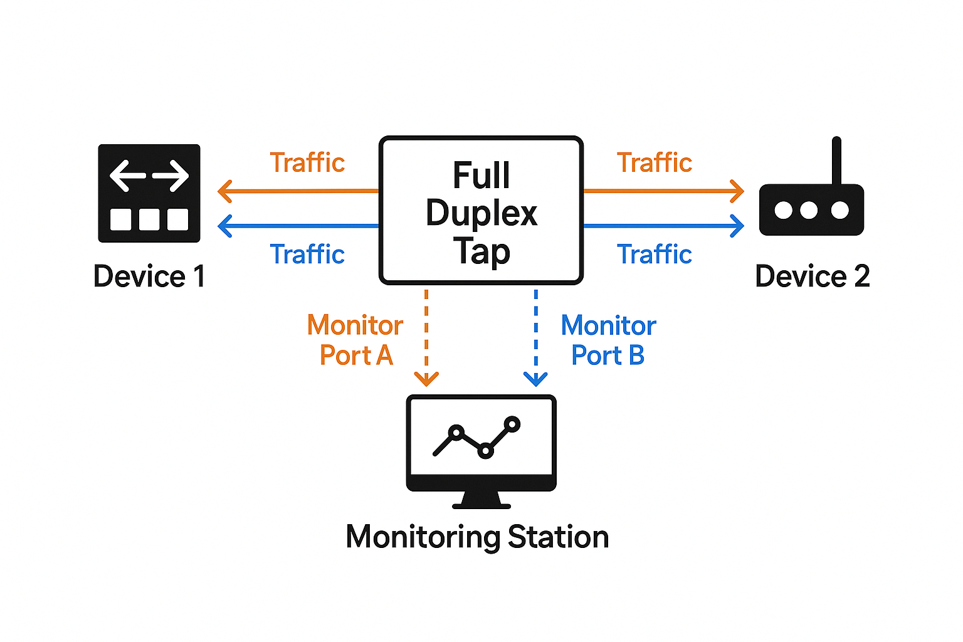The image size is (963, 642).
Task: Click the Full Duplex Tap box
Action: [x=481, y=211]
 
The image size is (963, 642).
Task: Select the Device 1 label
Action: [x=149, y=276]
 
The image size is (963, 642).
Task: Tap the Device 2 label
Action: [x=812, y=276]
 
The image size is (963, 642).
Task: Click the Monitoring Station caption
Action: [x=477, y=537]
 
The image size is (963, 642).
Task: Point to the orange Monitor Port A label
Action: [x=355, y=340]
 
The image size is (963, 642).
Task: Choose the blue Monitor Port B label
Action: [x=608, y=340]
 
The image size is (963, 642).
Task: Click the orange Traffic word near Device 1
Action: [x=307, y=163]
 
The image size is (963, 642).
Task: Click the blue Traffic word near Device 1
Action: [x=307, y=255]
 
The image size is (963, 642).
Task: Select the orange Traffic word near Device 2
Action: [x=655, y=163]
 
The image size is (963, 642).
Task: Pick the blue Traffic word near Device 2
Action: [x=655, y=255]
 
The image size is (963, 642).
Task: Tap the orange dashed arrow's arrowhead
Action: [x=426, y=379]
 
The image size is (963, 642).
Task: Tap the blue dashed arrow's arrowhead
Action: [x=535, y=379]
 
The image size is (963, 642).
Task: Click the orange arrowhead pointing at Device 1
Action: [x=224, y=191]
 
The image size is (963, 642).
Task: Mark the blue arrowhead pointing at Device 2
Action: [x=738, y=226]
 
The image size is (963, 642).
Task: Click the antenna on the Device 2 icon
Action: [x=836, y=160]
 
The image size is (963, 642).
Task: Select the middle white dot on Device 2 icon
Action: [x=809, y=210]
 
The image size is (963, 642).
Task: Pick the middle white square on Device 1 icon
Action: [x=149, y=219]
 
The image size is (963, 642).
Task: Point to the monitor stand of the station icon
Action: [x=481, y=500]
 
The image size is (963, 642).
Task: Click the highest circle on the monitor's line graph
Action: [x=512, y=424]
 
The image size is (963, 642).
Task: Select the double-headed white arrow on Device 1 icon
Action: [x=149, y=176]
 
